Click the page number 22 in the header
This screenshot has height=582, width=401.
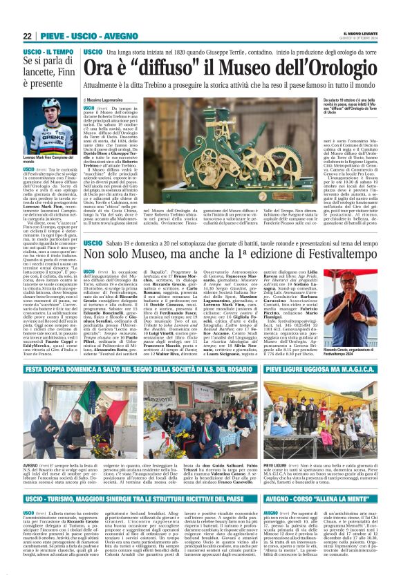(x=28, y=36)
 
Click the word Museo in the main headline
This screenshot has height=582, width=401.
(x=230, y=70)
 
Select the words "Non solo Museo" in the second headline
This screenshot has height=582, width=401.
(x=136, y=255)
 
